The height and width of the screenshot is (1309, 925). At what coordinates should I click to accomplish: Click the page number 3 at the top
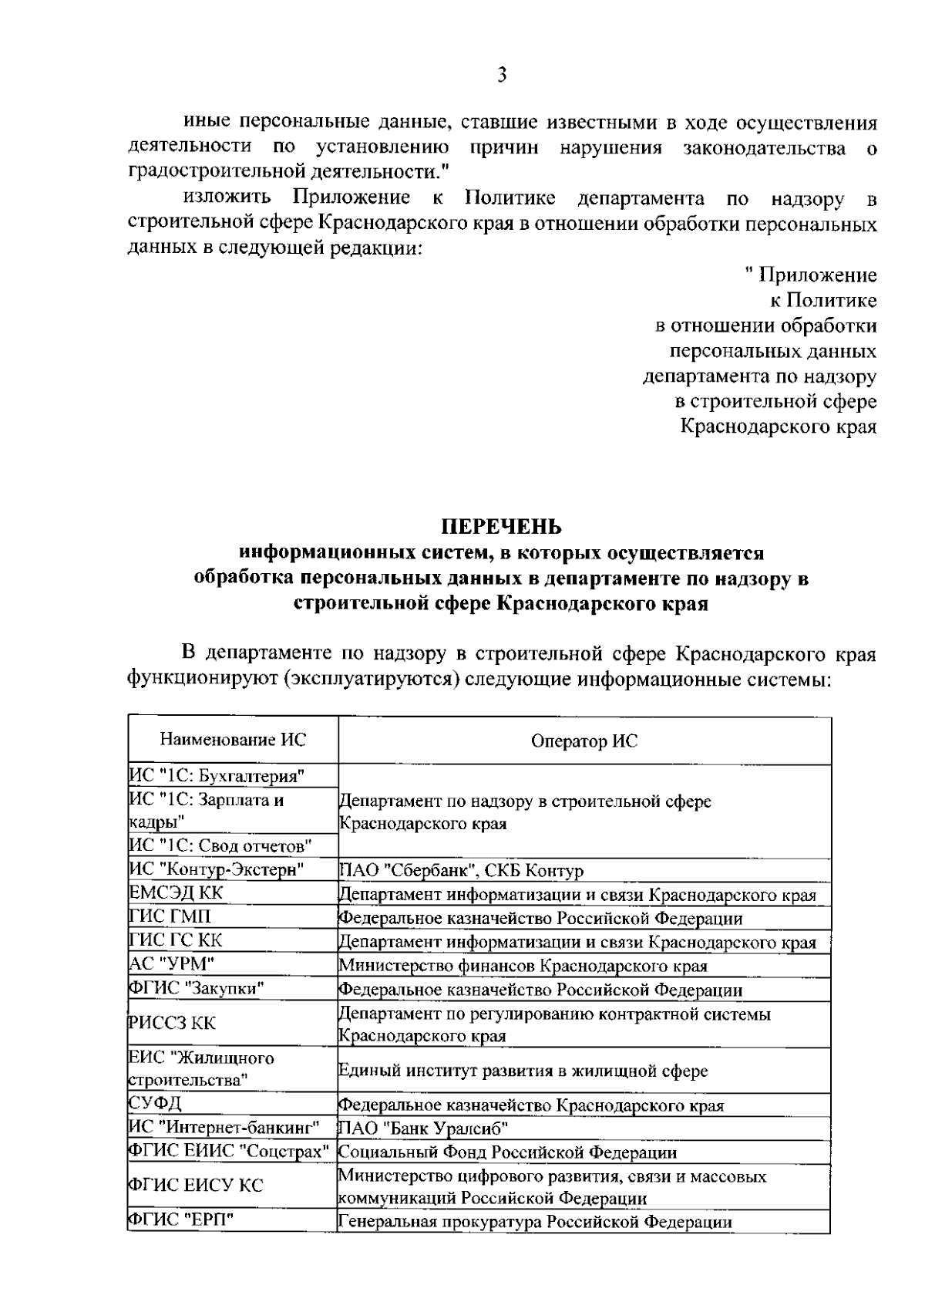[502, 75]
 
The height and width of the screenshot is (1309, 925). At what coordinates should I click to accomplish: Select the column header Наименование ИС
[233, 740]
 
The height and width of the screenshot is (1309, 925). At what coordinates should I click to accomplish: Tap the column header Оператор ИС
[584, 741]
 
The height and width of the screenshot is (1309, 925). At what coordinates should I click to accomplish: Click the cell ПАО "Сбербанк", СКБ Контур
[462, 871]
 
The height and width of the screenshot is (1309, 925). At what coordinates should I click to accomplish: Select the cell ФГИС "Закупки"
[197, 987]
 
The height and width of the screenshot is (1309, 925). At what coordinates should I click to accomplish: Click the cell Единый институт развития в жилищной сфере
[523, 1071]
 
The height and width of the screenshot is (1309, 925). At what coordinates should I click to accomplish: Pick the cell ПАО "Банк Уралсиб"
[425, 1129]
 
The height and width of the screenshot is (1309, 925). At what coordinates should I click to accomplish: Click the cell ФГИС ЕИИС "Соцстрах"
[229, 1151]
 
